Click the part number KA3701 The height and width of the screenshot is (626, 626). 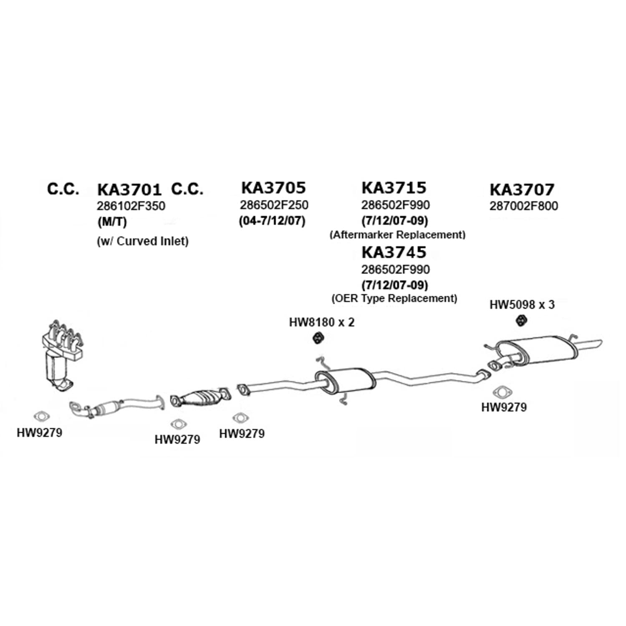coord(129,189)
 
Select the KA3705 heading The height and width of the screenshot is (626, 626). coord(273,188)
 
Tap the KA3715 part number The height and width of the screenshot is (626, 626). coord(394,188)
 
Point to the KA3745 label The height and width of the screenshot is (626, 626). coord(394,252)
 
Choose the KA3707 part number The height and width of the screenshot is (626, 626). coord(522,189)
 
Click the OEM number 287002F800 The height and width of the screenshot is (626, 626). coord(523,206)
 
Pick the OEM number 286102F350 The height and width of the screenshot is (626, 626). coord(131,206)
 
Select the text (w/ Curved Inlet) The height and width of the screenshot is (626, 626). coord(143,241)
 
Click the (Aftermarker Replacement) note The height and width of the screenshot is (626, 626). coord(397,235)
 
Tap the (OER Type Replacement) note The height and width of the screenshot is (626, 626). coord(394,298)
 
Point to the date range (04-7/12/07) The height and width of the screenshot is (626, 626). coord(272,220)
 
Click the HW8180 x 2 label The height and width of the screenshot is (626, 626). coord(322,322)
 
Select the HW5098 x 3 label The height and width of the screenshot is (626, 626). coord(522,305)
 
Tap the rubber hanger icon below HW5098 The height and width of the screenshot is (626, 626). coord(521,321)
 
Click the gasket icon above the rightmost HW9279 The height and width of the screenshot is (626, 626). coord(503,393)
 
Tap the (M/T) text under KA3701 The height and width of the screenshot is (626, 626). coord(112,222)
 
